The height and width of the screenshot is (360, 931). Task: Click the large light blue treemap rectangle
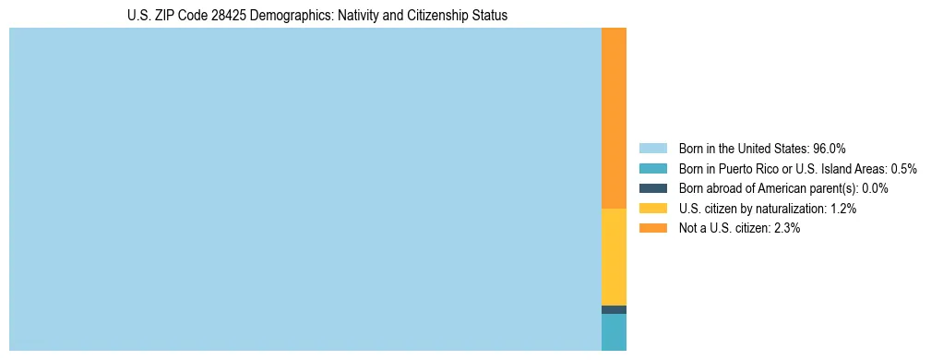click(x=304, y=189)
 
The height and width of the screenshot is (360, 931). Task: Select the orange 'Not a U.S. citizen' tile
click(x=614, y=118)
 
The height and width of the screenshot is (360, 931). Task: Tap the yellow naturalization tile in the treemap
click(x=614, y=257)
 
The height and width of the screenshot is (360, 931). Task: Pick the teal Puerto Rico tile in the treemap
click(x=614, y=332)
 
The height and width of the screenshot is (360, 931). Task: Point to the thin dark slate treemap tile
click(x=614, y=309)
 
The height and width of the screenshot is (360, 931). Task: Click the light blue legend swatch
click(x=652, y=148)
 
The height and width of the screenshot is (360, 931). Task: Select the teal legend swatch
click(x=652, y=168)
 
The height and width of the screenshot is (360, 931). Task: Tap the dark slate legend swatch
click(x=652, y=188)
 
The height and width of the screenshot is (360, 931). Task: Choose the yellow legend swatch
click(x=652, y=209)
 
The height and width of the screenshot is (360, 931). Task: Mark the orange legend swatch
click(x=652, y=228)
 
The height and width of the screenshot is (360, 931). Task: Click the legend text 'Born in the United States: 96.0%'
click(x=762, y=148)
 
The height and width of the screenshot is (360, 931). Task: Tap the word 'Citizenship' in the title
click(x=439, y=16)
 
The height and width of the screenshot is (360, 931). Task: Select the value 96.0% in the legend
click(x=830, y=148)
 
